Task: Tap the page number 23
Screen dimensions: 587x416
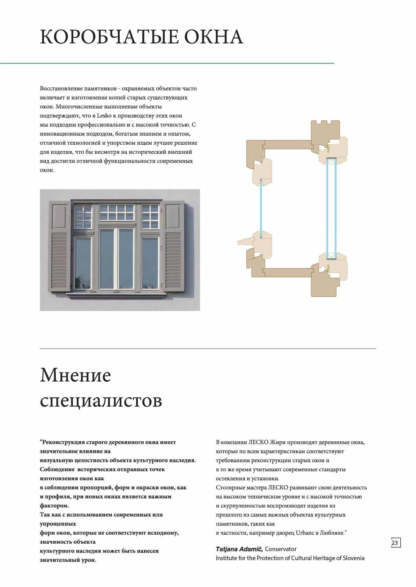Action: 395,543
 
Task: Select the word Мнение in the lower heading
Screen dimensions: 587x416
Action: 75,375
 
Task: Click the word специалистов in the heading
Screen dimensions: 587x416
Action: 101,401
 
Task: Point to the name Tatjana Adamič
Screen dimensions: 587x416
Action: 239,549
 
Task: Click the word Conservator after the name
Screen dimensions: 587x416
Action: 281,549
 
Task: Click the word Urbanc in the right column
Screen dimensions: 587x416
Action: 305,533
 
